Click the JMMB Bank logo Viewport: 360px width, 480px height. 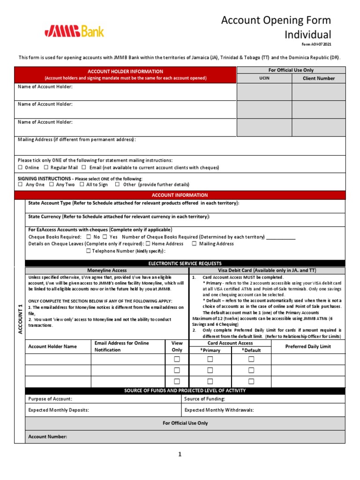point(75,31)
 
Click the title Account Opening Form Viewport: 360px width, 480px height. point(276,20)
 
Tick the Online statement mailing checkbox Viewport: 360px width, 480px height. point(20,167)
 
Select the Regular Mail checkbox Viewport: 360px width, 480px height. point(46,167)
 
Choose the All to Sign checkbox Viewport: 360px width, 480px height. point(82,185)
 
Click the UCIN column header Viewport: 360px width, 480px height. point(264,78)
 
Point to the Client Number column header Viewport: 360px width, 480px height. point(319,78)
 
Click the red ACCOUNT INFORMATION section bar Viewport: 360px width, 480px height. point(180,195)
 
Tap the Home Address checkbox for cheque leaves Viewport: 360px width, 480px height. point(148,244)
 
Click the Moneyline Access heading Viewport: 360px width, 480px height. point(107,270)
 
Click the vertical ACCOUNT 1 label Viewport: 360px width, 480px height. point(20,319)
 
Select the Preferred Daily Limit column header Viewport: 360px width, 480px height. point(308,346)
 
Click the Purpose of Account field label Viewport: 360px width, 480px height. point(50,398)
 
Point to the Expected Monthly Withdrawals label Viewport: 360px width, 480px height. point(219,410)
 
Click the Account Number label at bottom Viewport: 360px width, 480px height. point(47,436)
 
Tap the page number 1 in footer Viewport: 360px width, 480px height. point(180,454)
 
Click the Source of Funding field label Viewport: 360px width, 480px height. point(204,398)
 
